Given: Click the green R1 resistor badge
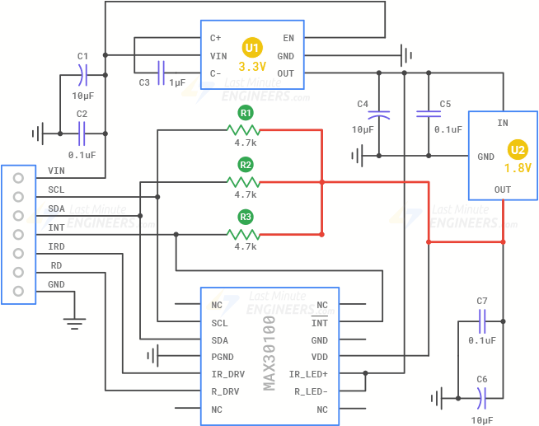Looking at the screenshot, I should (245, 112).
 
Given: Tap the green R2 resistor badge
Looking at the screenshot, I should (245, 165).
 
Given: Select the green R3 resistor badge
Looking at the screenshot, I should (245, 218).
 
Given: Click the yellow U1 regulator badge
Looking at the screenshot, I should (251, 47).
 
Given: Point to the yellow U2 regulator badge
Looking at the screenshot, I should (518, 150).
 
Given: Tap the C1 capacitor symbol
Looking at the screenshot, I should (82, 77).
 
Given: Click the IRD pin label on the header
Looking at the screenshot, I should (56, 246).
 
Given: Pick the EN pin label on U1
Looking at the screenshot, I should (288, 38).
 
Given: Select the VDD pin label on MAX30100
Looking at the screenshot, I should (319, 357).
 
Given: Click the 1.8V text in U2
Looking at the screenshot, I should (518, 168).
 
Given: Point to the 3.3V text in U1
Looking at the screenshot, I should (252, 66).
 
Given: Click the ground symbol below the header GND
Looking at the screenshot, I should (75, 321).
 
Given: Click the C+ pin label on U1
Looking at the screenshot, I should (216, 38).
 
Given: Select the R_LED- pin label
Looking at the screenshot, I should (310, 391).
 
